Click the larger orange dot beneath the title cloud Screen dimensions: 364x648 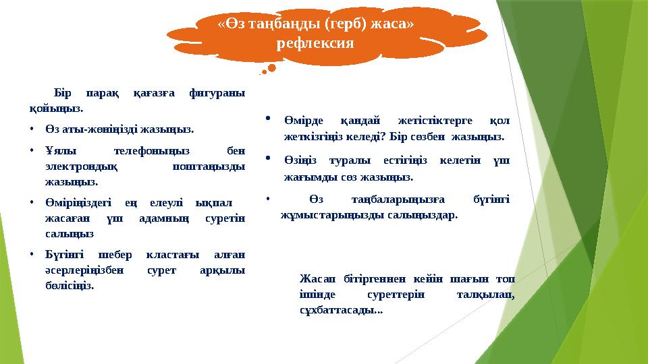point(271,67)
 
